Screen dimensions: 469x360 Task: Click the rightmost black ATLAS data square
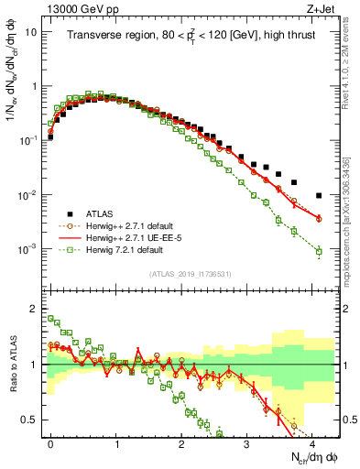point(319,195)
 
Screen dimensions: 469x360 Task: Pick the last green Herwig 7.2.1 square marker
point(319,251)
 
